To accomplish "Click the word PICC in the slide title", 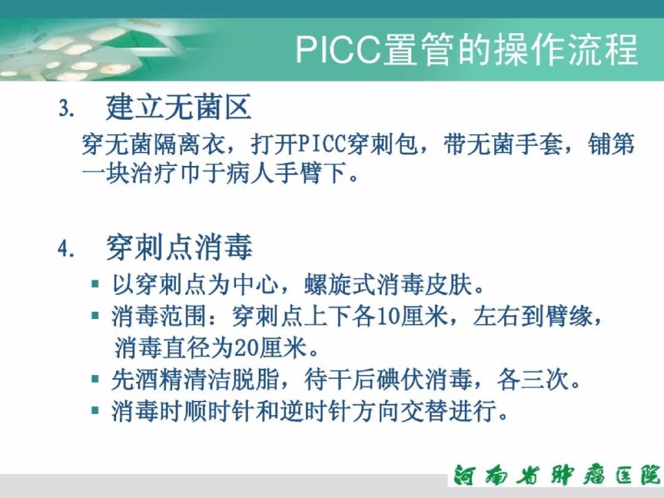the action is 338,50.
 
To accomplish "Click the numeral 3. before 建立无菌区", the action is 66,109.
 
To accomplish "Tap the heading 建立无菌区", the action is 179,107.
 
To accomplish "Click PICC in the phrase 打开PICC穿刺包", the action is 323,144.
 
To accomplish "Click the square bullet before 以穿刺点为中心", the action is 95,284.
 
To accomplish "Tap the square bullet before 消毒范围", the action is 95,316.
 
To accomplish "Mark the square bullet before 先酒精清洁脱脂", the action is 95,379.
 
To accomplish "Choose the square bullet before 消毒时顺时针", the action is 95,410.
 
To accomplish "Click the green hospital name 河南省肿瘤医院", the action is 556,475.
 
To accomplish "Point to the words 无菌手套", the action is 515,144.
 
